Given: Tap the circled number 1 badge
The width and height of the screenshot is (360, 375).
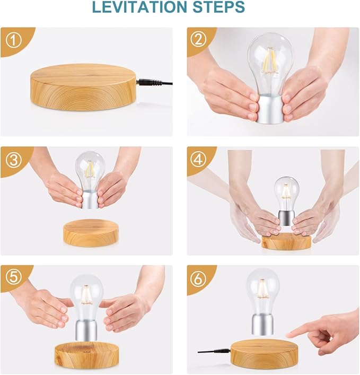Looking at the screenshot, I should click(x=13, y=39).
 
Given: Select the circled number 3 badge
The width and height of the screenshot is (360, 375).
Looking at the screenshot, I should click(x=13, y=159).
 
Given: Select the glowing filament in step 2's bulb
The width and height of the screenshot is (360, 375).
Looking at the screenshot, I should click(x=270, y=61).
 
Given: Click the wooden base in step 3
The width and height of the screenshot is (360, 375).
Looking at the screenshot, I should click(x=90, y=232).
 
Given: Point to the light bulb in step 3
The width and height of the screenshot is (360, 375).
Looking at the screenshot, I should click(x=90, y=170).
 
